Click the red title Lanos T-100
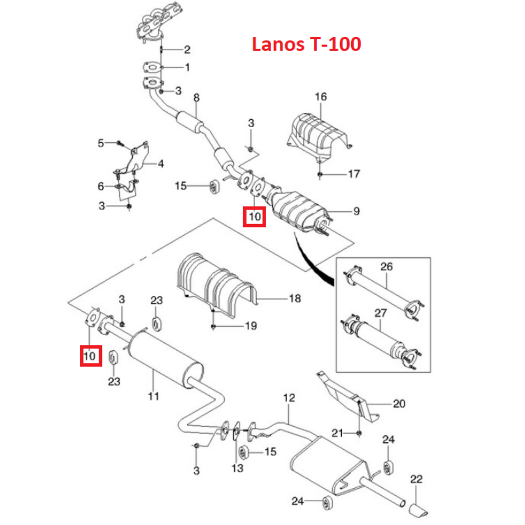tap(306, 45)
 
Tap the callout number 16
tap(320, 97)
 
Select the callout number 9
tap(356, 212)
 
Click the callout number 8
tap(196, 97)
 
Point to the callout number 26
tap(386, 267)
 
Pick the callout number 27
tap(380, 313)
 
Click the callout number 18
tap(295, 298)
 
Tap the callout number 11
tap(153, 396)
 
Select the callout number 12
tap(289, 397)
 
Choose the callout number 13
tap(237, 467)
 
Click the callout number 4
tap(161, 164)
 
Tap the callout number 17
tap(354, 173)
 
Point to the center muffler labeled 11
tap(163, 357)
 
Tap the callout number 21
tap(337, 433)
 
